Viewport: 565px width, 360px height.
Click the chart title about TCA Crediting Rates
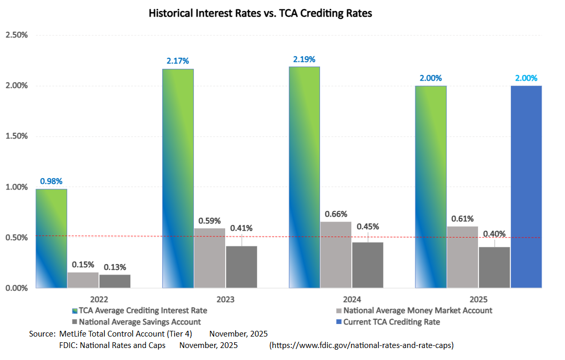point(260,14)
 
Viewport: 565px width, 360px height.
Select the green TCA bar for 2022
point(51,239)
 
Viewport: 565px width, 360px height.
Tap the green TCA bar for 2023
point(178,178)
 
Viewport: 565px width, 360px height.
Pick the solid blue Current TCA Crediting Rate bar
point(526,187)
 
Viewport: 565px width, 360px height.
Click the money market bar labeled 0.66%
point(336,254)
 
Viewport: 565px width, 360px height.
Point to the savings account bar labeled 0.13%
point(115,281)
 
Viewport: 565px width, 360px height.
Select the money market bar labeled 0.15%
point(83,280)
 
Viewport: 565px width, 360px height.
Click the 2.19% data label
point(304,59)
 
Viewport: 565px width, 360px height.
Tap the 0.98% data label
point(51,181)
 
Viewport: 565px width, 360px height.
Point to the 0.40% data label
point(494,234)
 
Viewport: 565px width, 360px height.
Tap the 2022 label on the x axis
point(99,300)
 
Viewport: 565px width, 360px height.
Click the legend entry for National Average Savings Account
point(140,322)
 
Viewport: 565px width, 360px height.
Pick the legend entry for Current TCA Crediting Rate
point(391,322)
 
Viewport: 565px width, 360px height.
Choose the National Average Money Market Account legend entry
point(417,311)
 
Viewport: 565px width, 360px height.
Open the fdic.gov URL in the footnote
point(362,345)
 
